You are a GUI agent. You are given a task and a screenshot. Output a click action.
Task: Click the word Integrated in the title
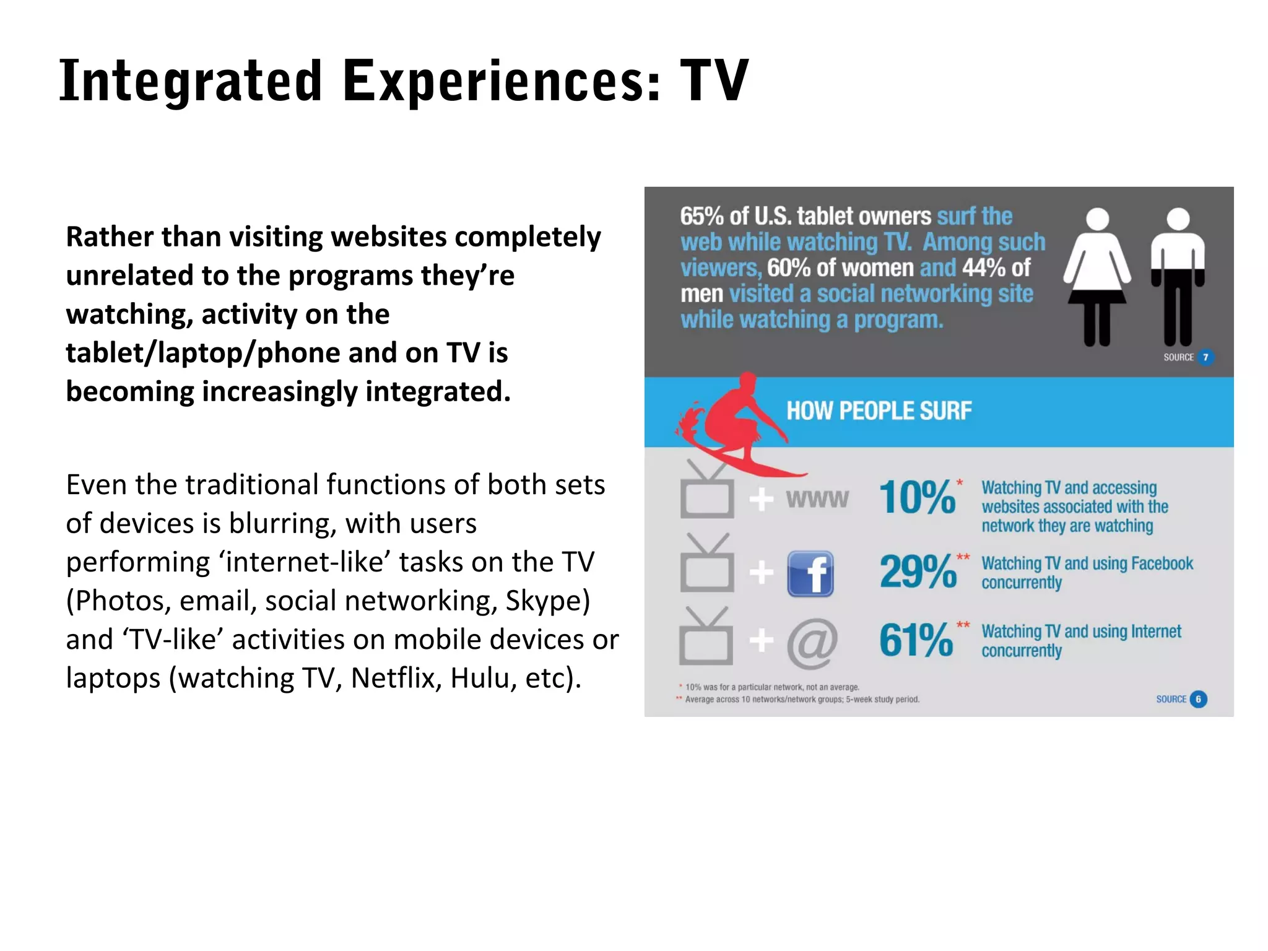coord(191,82)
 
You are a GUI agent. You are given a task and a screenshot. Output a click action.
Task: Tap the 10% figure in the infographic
coord(917,497)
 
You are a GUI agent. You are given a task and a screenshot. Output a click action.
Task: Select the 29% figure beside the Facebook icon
coord(918,571)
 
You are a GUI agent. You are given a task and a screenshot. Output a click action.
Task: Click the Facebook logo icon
coord(810,573)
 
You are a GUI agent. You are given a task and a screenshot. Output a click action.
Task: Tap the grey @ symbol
coord(812,643)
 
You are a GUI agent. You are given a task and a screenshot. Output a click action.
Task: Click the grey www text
coord(817,498)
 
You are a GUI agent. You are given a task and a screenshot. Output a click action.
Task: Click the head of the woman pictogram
coord(1098,219)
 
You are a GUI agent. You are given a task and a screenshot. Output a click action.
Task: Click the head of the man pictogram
coord(1178,219)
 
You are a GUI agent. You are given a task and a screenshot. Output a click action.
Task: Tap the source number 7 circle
coord(1205,357)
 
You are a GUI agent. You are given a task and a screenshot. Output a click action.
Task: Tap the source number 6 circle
coord(1198,699)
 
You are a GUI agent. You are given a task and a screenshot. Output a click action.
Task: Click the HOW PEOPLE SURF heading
coord(879,411)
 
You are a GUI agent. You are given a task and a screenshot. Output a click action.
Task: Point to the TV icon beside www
coord(707,495)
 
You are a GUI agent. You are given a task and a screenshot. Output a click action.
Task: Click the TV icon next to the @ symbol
coord(706,641)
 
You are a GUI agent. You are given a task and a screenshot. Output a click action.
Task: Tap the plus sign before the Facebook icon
coord(761,573)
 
